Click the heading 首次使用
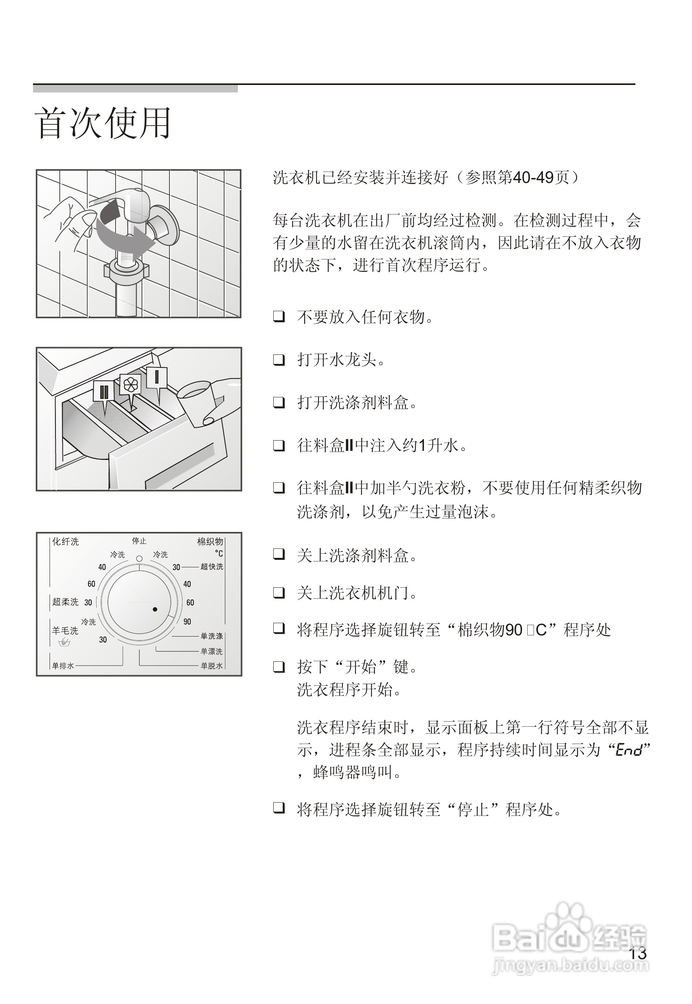coord(103,123)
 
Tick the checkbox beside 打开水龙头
coord(279,360)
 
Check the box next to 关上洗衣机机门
coord(279,592)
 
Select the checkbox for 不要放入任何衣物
coord(279,317)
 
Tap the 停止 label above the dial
coord(139,541)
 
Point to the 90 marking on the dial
coord(187,622)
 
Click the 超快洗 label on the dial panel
coord(212,567)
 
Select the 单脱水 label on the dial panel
coord(212,666)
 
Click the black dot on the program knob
coord(155,609)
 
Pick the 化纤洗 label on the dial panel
coord(66,541)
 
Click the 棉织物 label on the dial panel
coord(210,541)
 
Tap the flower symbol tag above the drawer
coord(130,384)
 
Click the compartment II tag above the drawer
coord(104,391)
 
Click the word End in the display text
coord(629,750)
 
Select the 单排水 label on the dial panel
coord(63,666)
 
